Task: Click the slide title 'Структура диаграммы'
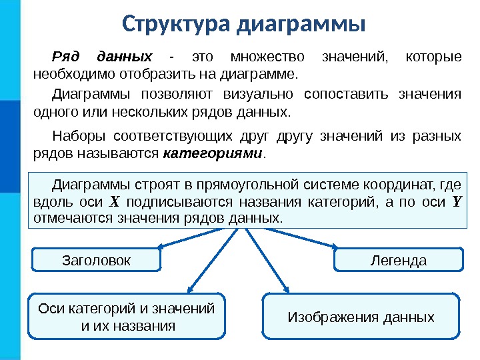point(244,25)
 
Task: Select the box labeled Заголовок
point(97,260)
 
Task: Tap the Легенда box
point(398,260)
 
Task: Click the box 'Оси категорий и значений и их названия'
point(127,317)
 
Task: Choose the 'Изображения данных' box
point(361,317)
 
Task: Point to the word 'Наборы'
point(79,137)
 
